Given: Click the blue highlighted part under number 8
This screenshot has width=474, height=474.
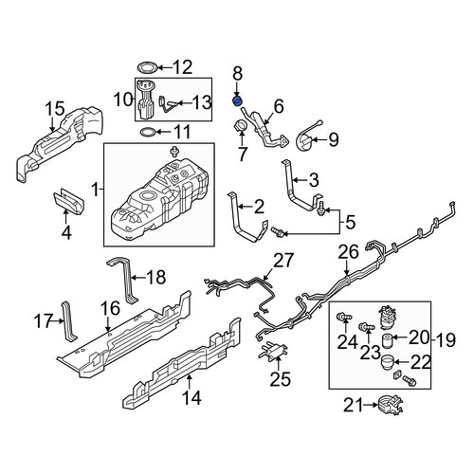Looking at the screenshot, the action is pos(237,100).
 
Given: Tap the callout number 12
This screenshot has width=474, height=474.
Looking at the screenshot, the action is pos(183,67).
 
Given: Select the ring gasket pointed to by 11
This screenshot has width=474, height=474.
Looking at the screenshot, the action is pos(148,132).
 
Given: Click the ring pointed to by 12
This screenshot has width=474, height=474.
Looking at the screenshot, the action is pos(147,67).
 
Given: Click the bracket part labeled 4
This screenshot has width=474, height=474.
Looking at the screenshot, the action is pos(68,200).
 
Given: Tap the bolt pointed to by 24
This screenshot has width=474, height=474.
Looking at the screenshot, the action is pos(344,316).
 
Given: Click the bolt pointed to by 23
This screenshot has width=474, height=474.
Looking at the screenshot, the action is pos(367,326).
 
